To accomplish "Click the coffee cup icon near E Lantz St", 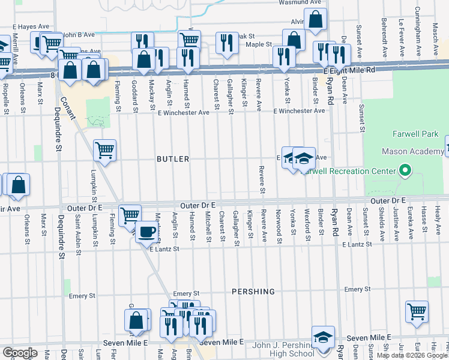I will pyautogui.click(x=146, y=232).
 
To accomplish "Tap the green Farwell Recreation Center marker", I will pyautogui.click(x=405, y=172).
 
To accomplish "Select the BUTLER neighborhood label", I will pyautogui.click(x=173, y=159).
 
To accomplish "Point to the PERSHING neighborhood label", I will pyautogui.click(x=253, y=292).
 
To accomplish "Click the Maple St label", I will pyautogui.click(x=259, y=44).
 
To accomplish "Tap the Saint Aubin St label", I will pyautogui.click(x=78, y=231).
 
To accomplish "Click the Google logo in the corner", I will pyautogui.click(x=19, y=352).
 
